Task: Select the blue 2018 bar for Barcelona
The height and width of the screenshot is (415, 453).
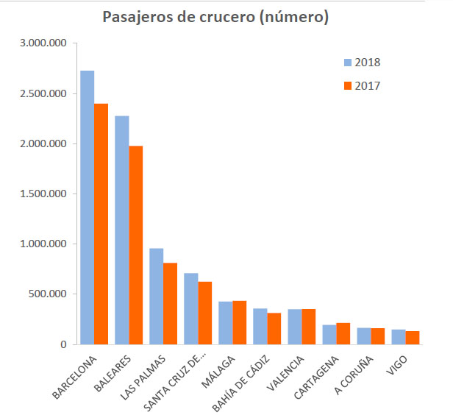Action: tap(88, 207)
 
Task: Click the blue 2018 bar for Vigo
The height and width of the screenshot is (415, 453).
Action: tap(399, 336)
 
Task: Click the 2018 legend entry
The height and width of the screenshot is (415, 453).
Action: tap(360, 62)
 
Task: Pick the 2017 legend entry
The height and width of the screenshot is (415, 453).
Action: tap(360, 86)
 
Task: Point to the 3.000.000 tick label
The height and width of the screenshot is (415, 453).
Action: tap(44, 44)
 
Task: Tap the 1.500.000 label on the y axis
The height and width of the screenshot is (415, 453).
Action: tap(44, 194)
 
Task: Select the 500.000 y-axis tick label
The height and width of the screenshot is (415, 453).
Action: tap(49, 294)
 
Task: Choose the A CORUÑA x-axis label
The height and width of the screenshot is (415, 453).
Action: tap(354, 375)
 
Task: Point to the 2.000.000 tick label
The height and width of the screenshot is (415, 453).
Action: tap(44, 144)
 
